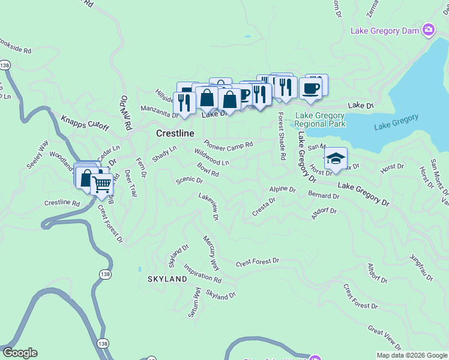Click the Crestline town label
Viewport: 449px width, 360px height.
click(x=175, y=133)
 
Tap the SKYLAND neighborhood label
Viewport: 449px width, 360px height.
click(x=167, y=280)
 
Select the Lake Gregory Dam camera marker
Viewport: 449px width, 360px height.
click(x=428, y=29)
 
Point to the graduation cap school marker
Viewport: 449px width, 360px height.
click(x=336, y=158)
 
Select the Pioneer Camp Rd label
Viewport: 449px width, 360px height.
click(x=228, y=145)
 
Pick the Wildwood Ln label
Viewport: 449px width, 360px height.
click(x=212, y=157)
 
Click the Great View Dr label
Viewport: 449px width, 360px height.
click(x=384, y=338)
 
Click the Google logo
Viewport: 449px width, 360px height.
click(x=20, y=353)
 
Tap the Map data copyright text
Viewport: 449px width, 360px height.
click(x=411, y=355)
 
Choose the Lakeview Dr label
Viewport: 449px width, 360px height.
click(x=209, y=206)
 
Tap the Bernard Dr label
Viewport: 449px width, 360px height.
click(x=324, y=196)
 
